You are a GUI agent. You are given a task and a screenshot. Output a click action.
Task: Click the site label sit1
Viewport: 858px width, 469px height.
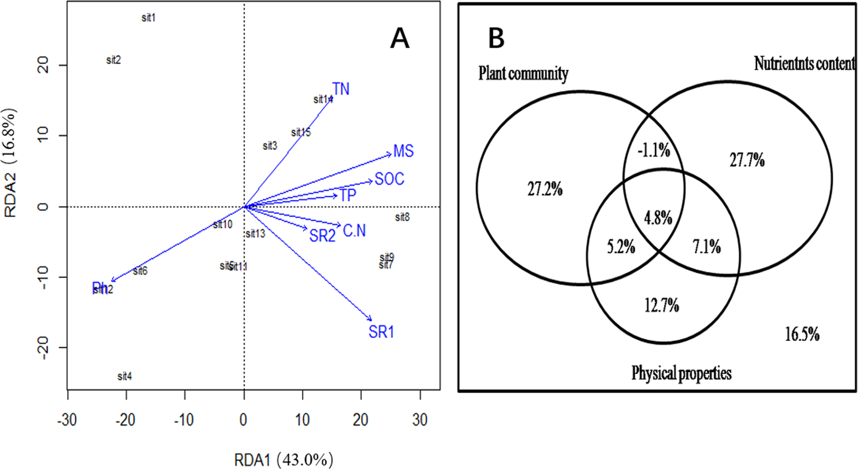[149, 18]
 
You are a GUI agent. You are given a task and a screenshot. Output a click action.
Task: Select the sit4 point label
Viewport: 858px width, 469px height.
[124, 377]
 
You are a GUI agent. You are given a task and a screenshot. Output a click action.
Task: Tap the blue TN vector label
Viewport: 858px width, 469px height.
[341, 89]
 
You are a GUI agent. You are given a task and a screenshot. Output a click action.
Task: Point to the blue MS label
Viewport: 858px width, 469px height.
[403, 152]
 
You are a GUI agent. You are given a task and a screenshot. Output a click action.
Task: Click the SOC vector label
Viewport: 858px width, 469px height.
[389, 179]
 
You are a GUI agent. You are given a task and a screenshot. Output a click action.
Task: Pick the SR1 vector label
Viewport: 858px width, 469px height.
[381, 332]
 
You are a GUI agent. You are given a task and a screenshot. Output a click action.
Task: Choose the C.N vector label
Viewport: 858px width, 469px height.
[354, 231]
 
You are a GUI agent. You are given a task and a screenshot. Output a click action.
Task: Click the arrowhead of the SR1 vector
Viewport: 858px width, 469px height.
[370, 320]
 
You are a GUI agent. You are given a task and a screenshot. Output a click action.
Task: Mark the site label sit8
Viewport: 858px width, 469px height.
[403, 218]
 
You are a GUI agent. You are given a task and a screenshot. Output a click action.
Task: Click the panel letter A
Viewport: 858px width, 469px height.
[400, 39]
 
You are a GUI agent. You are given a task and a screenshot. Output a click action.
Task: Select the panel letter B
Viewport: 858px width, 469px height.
[496, 38]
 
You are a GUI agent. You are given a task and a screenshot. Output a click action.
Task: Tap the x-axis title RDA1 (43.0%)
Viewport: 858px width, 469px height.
[283, 460]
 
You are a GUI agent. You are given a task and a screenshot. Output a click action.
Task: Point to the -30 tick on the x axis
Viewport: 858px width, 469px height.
[68, 420]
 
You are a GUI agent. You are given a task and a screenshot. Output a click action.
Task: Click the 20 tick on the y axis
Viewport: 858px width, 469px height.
[44, 65]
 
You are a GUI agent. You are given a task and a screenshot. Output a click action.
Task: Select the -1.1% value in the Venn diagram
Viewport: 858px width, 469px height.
[654, 150]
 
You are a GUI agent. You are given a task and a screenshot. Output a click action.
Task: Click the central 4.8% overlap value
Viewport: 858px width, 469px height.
[658, 218]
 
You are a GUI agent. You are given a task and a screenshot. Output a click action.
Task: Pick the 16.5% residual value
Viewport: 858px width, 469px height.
[802, 334]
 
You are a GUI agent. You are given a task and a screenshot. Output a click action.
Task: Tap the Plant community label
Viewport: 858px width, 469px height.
[523, 74]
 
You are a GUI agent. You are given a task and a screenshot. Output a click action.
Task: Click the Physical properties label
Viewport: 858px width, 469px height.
[681, 374]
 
